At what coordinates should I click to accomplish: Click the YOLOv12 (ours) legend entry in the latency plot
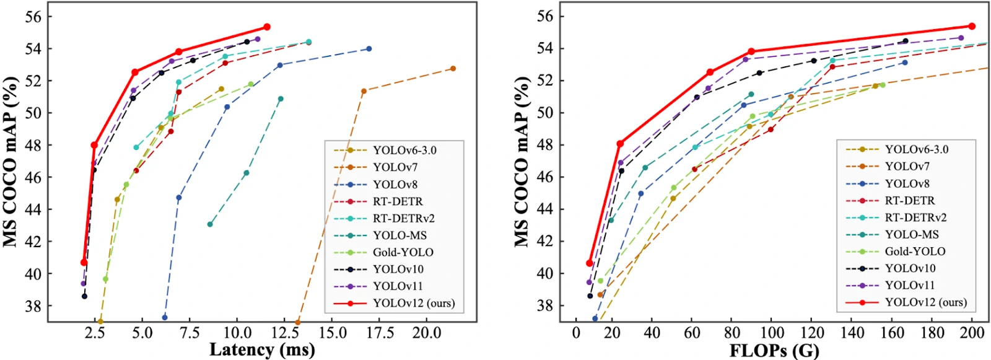point(413,303)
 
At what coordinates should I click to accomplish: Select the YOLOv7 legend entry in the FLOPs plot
point(907,167)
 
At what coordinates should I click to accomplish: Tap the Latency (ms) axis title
point(262,349)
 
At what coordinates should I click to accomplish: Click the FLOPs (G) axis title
point(774,350)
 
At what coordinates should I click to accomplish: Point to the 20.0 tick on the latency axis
point(427,333)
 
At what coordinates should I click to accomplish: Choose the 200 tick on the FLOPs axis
point(971,333)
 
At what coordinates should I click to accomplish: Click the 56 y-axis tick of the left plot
point(35,16)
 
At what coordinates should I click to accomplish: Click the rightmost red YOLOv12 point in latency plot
point(267,27)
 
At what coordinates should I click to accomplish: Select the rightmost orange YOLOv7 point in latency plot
point(453,68)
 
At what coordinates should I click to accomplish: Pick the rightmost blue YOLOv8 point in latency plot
point(369,48)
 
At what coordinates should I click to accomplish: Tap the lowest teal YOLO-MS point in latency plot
point(210,224)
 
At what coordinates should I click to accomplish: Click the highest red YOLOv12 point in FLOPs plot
point(972,26)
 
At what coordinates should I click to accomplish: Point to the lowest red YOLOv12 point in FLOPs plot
point(590,263)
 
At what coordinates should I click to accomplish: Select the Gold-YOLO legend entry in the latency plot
point(403,252)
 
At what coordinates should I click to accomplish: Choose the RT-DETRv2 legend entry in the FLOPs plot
point(915,217)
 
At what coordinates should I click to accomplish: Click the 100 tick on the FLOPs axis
point(772,333)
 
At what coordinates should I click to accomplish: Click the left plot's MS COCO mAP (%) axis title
point(11,162)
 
